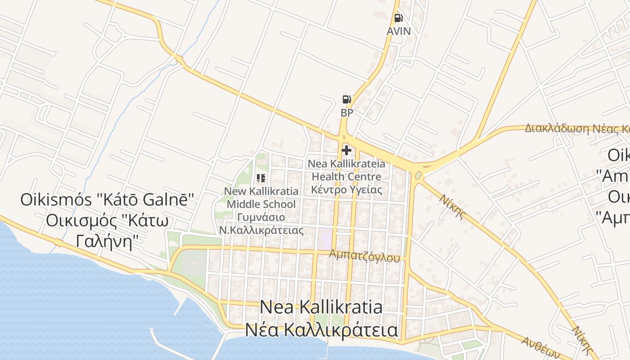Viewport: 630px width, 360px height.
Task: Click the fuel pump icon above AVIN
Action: [x=398, y=18]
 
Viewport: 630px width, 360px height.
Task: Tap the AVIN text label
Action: [x=399, y=31]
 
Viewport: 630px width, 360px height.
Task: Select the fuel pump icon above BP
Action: [x=346, y=99]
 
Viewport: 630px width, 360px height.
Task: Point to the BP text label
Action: [x=347, y=112]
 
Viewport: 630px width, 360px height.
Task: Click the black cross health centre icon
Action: [x=346, y=150]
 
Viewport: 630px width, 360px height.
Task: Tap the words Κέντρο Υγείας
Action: [x=346, y=189]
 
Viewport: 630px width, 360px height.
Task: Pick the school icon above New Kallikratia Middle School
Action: [x=261, y=178]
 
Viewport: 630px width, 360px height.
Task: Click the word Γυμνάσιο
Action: [x=261, y=217]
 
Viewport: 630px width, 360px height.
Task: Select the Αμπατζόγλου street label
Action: [x=364, y=256]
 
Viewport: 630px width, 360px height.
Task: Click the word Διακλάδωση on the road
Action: [x=557, y=128]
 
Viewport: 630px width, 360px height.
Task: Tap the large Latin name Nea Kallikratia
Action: [x=321, y=307]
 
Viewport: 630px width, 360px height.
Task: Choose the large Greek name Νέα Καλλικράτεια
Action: [x=321, y=330]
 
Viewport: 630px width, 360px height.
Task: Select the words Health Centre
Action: [x=346, y=176]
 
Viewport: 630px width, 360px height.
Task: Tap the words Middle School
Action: [x=261, y=204]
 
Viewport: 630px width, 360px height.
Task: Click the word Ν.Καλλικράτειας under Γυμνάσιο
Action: [x=261, y=230]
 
